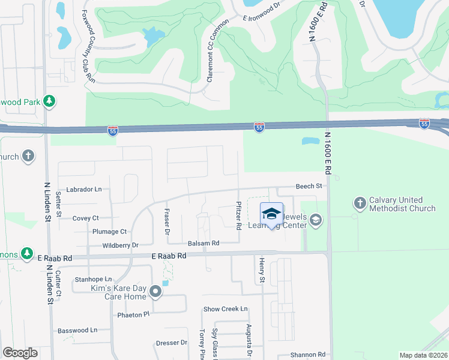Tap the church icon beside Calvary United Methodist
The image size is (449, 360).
pyautogui.click(x=360, y=203)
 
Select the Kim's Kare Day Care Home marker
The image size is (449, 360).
pyautogui.click(x=155, y=292)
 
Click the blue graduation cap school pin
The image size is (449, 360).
pyautogui.click(x=271, y=214)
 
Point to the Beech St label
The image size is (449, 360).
pyautogui.click(x=309, y=187)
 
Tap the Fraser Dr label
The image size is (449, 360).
pyautogui.click(x=167, y=221)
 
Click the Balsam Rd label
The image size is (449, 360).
pyautogui.click(x=203, y=243)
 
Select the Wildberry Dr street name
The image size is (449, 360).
pyautogui.click(x=120, y=245)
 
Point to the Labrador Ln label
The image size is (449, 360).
pyautogui.click(x=84, y=189)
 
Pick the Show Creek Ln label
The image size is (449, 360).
pyautogui.click(x=226, y=309)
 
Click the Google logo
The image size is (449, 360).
pyautogui.click(x=20, y=353)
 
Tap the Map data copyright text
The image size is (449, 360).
pyautogui.click(x=423, y=355)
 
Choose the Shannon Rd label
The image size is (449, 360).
pyautogui.click(x=308, y=355)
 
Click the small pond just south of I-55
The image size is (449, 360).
pyautogui.click(x=311, y=142)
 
